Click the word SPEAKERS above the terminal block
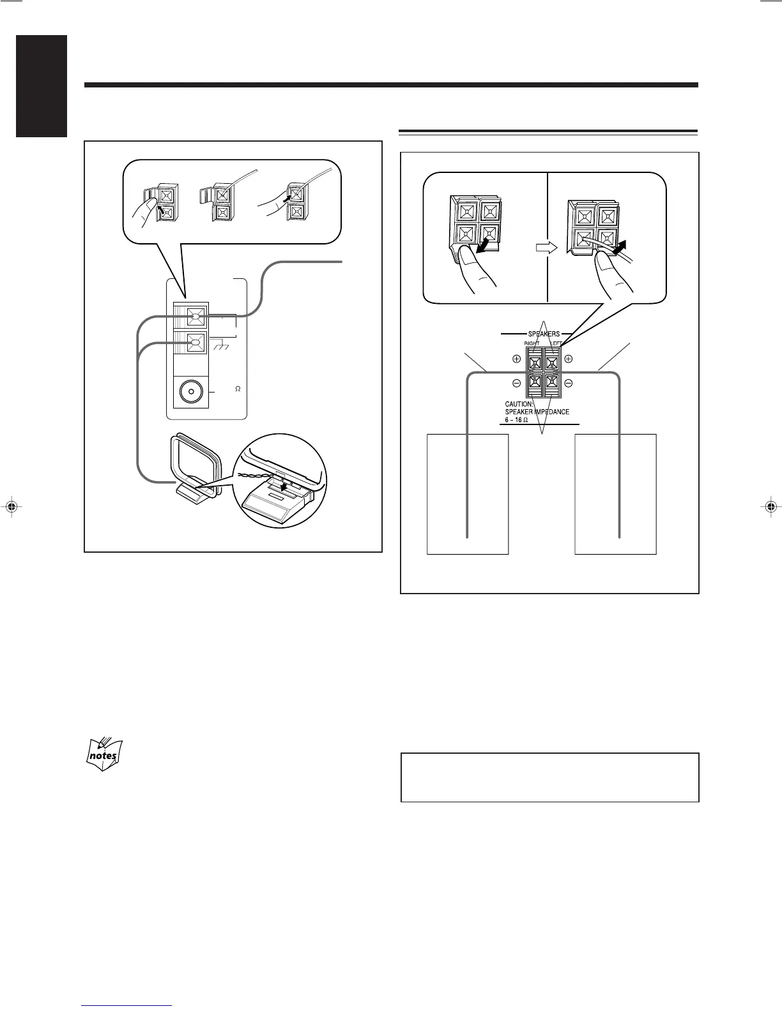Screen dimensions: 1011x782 (x=544, y=333)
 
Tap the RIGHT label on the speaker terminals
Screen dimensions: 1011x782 (x=531, y=343)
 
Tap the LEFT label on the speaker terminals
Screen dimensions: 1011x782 (x=555, y=343)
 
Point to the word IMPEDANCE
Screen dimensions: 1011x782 (x=548, y=412)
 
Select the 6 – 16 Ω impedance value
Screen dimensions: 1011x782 (x=512, y=420)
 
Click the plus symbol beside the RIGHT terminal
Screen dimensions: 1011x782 (x=516, y=359)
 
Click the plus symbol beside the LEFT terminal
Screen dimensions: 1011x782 (x=568, y=359)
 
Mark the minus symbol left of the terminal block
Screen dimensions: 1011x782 (x=516, y=383)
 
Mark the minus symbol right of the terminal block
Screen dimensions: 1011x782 (x=568, y=383)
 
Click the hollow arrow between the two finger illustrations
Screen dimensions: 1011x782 (x=548, y=247)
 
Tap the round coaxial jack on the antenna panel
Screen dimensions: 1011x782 (x=190, y=392)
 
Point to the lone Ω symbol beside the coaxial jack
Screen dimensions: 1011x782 (x=238, y=389)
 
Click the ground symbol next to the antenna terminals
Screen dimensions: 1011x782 (x=220, y=345)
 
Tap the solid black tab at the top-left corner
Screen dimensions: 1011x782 (x=34, y=86)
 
